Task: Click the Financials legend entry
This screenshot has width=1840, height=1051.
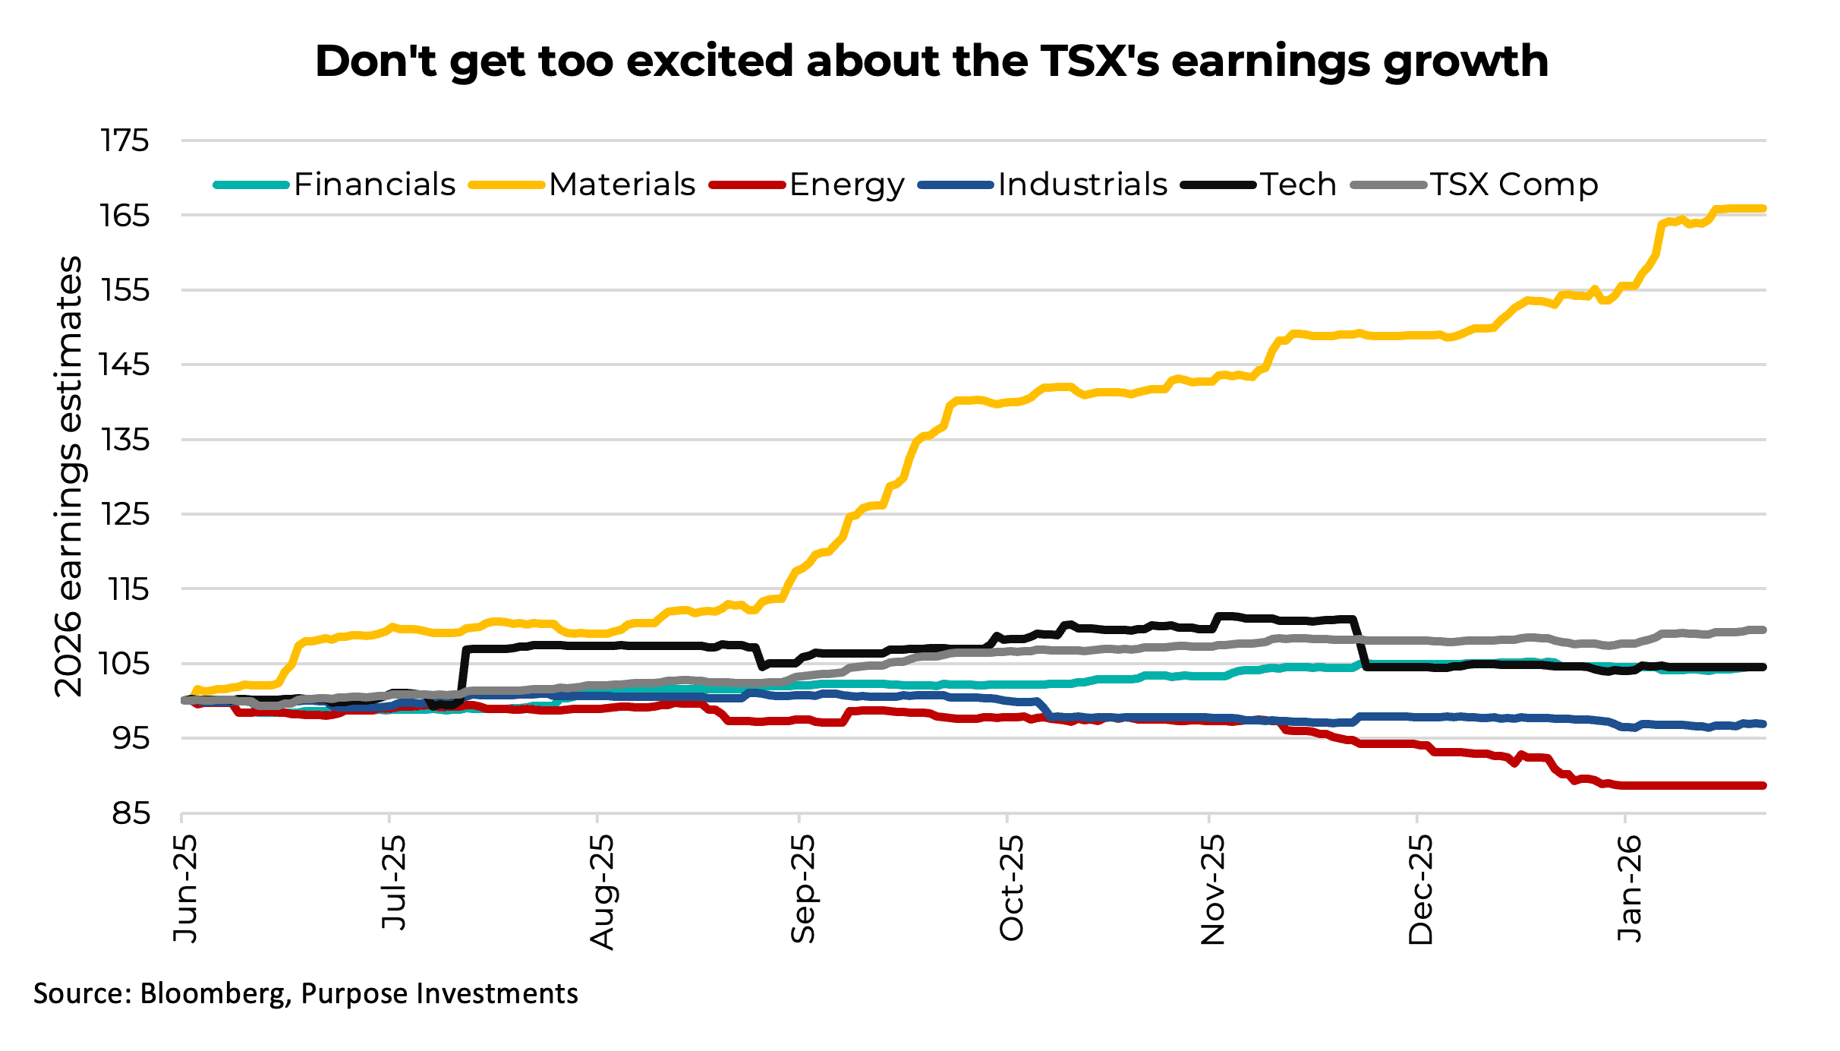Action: (x=374, y=185)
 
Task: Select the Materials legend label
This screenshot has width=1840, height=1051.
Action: (x=622, y=185)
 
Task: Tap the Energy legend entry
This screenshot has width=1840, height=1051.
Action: (x=846, y=185)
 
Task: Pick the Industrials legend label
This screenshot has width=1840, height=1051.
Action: (x=1082, y=185)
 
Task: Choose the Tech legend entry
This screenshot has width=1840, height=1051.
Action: (x=1298, y=185)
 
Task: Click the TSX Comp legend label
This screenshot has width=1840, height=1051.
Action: (x=1514, y=185)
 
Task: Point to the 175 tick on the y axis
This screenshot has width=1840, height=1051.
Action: (x=125, y=140)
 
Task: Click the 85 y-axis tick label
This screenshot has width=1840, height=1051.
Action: (x=131, y=813)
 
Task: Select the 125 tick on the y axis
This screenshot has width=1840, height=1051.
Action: (x=125, y=514)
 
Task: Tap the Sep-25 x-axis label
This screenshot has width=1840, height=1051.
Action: (x=802, y=888)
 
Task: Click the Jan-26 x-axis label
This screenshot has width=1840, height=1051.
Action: (x=1628, y=888)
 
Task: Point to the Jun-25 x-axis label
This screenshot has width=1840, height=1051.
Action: (x=184, y=888)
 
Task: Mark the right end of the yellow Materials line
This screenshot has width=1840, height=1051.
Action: (x=1763, y=208)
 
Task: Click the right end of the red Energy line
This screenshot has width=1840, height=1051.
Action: (x=1763, y=785)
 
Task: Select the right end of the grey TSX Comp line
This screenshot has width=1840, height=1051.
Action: (x=1763, y=630)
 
